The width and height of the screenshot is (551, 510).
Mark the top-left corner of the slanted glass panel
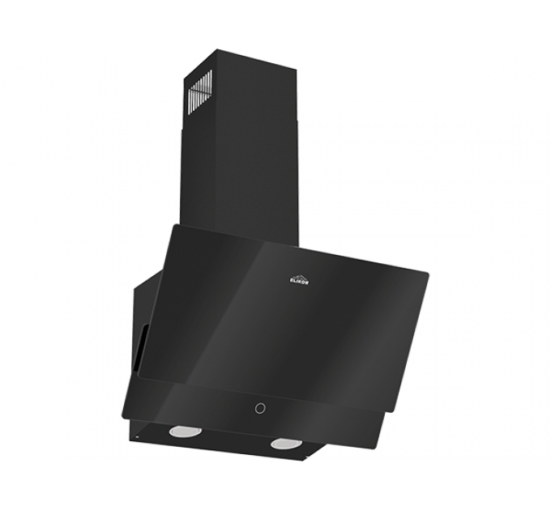click(x=171, y=229)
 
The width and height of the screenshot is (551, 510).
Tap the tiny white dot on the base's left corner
click(x=138, y=438)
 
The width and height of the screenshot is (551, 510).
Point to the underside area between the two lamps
click(x=235, y=441)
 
